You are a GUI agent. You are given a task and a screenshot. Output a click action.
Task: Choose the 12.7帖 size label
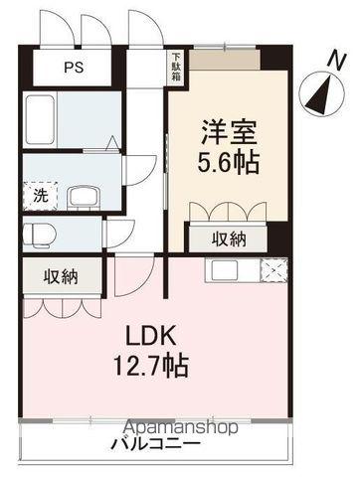click(153, 365)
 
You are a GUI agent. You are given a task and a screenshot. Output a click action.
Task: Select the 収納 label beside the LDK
click(60, 277)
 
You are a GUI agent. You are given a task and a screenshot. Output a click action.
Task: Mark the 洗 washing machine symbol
click(41, 194)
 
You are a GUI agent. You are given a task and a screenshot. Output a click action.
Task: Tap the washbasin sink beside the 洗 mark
click(82, 194)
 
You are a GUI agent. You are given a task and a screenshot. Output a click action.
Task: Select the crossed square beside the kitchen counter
click(272, 270)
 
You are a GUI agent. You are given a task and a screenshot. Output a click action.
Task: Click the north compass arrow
click(321, 94)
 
